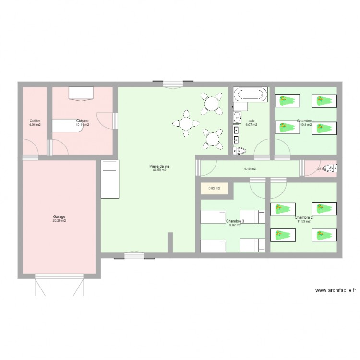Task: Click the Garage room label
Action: pyautogui.click(x=60, y=216)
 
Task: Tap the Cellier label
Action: pyautogui.click(x=35, y=120)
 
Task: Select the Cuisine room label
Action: pyautogui.click(x=83, y=120)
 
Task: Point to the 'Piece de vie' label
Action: pyautogui.click(x=159, y=166)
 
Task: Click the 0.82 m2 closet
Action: pyautogui.click(x=214, y=188)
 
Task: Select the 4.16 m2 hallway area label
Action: pyautogui.click(x=250, y=169)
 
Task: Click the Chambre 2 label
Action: pyautogui.click(x=304, y=217)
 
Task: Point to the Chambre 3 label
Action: pyautogui.click(x=235, y=221)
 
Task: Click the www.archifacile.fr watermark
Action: pyautogui.click(x=336, y=290)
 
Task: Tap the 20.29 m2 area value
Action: pyautogui.click(x=60, y=221)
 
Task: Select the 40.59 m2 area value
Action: pyautogui.click(x=159, y=170)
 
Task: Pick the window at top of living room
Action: pyautogui.click(x=173, y=84)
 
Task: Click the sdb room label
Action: pyautogui.click(x=252, y=120)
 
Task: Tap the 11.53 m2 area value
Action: pyautogui.click(x=304, y=221)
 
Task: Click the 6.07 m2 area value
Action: pyautogui.click(x=252, y=125)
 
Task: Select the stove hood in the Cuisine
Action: pyautogui.click(x=81, y=93)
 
